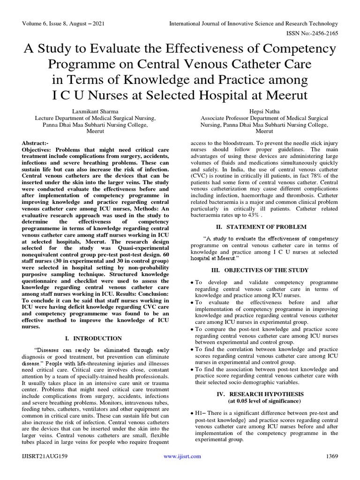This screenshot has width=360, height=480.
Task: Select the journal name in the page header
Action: click(x=253, y=23)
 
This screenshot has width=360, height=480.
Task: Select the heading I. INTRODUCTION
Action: click(x=92, y=338)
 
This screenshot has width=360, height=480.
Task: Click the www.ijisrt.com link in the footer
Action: click(x=182, y=456)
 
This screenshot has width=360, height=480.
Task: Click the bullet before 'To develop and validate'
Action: click(x=193, y=283)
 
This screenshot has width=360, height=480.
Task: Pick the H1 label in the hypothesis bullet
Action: click(x=199, y=413)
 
